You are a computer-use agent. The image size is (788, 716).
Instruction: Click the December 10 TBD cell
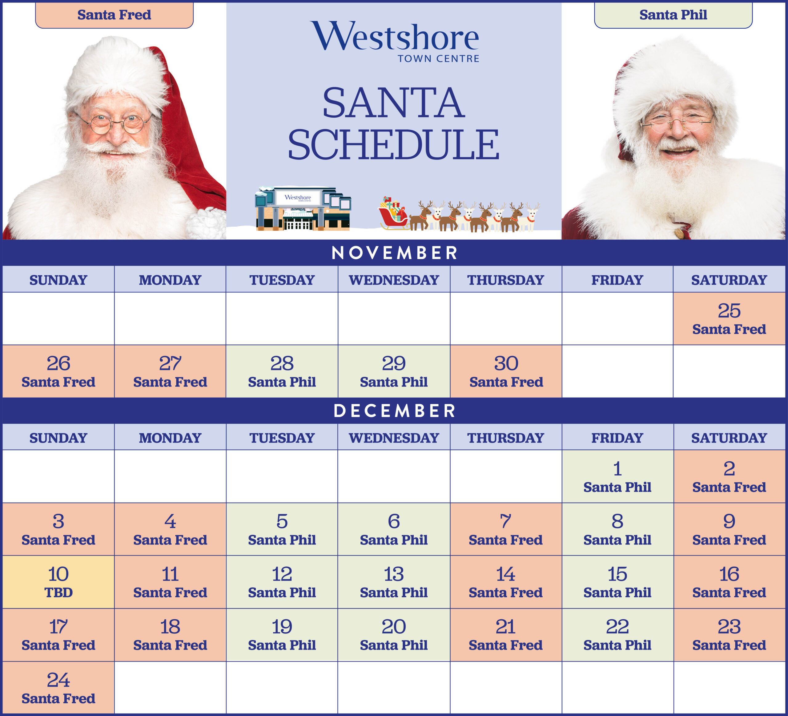pyautogui.click(x=58, y=582)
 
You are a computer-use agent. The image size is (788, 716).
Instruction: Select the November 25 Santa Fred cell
pyautogui.click(x=729, y=319)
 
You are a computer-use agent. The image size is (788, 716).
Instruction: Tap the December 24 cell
pyautogui.click(x=58, y=688)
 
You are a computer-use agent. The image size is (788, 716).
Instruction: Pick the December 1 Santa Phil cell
pyautogui.click(x=617, y=476)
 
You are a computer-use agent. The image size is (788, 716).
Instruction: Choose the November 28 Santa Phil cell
pyautogui.click(x=282, y=371)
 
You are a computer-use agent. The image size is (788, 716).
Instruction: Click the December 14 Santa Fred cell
pyautogui.click(x=506, y=582)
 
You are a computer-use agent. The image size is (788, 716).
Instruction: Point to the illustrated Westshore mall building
pyautogui.click(x=303, y=208)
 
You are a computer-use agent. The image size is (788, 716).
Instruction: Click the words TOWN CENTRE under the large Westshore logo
pyautogui.click(x=438, y=59)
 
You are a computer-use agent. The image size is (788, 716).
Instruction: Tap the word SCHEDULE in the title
pyautogui.click(x=394, y=145)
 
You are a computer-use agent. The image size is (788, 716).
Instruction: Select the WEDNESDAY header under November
pyautogui.click(x=394, y=280)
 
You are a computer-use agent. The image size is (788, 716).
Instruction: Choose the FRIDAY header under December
pyautogui.click(x=617, y=438)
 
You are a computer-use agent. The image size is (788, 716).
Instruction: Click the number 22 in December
pyautogui.click(x=617, y=627)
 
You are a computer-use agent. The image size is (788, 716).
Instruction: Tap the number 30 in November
pyautogui.click(x=506, y=364)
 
